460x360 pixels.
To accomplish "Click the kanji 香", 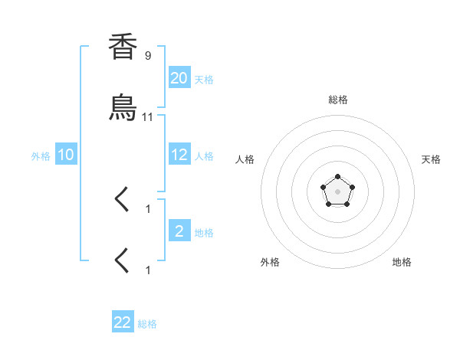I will pos(123,47).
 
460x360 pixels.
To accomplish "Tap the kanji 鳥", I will pos(123,108).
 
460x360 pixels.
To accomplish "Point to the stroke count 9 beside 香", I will pos(148,55).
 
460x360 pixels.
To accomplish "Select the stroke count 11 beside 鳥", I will pos(148,116).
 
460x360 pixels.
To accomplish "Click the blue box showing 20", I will pos(179,78).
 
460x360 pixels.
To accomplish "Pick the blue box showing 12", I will pos(179,155).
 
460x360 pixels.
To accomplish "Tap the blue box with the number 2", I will pos(179,231).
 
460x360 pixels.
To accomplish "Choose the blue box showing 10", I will pos(66,155).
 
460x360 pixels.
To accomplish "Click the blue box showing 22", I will pos(123,322).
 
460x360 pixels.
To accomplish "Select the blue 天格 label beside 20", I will pos(204,80).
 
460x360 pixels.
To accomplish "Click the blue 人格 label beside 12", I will pos(204,156).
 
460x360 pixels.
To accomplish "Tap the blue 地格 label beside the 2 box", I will pos(204,233).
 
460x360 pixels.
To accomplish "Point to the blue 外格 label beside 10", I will pos(41,156).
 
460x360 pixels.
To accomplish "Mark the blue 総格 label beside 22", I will pos(147,324).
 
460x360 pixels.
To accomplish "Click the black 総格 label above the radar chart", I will pos(337,100).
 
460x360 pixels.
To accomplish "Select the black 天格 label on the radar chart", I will pos(431,159).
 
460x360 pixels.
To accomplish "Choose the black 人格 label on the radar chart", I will pos(245,159).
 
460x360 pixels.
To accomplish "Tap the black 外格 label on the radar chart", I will pos(270,262).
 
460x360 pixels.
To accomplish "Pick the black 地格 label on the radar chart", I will pos(402,262).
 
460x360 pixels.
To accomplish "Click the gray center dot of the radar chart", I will pos(337,190).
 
